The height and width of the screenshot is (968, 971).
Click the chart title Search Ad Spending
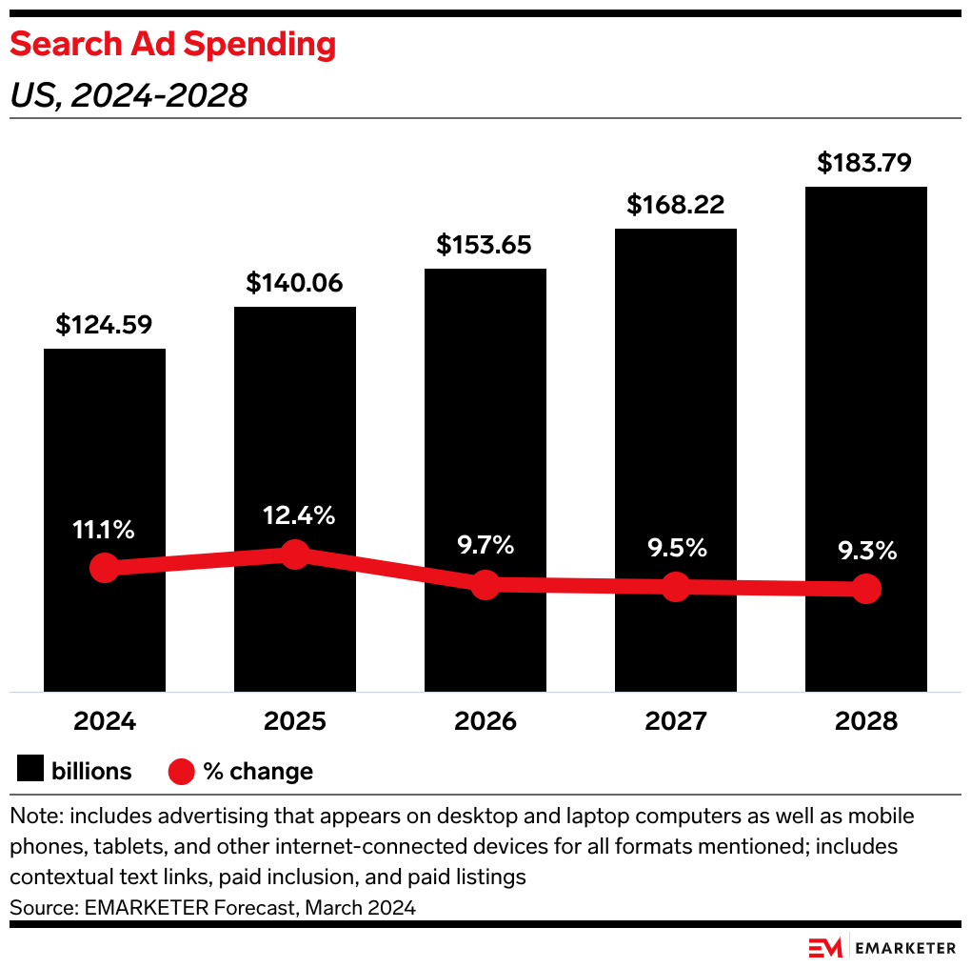pos(172,45)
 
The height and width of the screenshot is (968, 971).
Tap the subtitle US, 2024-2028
pos(129,95)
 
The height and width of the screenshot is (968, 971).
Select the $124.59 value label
pos(105,325)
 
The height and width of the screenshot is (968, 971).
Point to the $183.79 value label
pos(865,163)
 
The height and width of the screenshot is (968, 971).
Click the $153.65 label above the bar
pos(485,245)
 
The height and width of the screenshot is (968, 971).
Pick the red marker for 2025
pos(295,554)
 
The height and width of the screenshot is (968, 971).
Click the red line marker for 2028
pos(865,589)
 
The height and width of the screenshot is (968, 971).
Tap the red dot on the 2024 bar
pos(104,568)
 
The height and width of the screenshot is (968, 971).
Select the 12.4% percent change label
pos(295,515)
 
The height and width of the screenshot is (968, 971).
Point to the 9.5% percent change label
pos(675,548)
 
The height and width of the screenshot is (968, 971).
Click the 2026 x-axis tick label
pos(485,721)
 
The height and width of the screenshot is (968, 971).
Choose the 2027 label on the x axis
pos(675,721)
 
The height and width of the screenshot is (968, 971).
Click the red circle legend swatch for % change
pos(181,771)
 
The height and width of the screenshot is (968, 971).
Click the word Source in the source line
pos(38,907)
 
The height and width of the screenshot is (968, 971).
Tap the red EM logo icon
pos(826,948)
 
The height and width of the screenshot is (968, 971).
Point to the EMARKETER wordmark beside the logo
pos(905,948)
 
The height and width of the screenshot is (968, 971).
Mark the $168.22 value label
pos(675,205)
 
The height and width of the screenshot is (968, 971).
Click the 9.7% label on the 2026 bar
pos(485,545)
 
